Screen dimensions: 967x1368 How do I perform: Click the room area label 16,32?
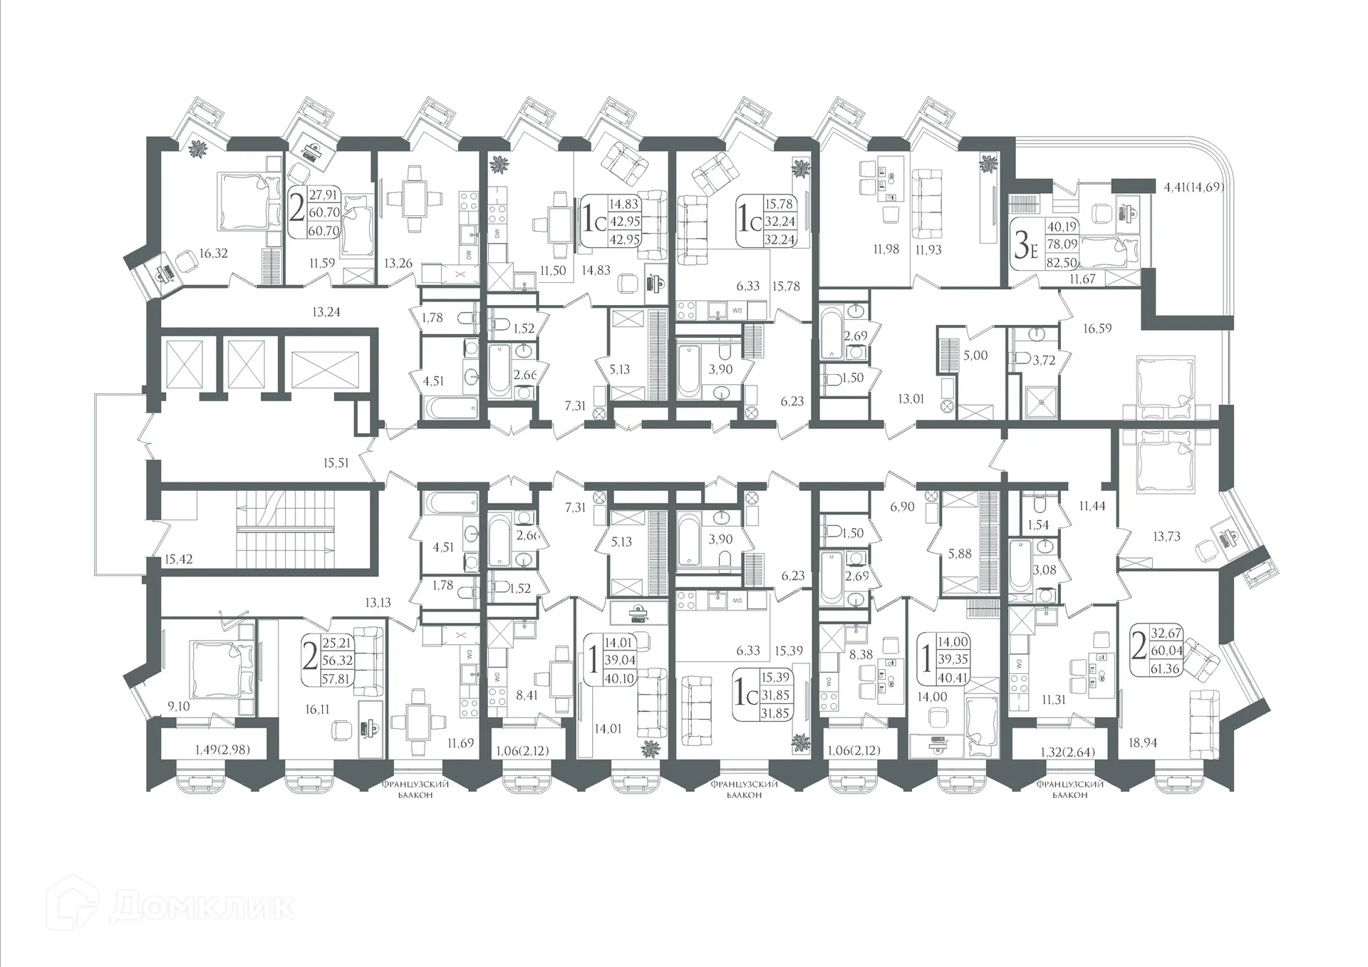click(214, 253)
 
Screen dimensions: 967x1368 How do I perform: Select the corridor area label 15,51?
click(336, 463)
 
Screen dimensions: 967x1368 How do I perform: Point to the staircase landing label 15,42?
click(178, 559)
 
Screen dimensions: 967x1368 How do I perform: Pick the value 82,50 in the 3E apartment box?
click(1062, 262)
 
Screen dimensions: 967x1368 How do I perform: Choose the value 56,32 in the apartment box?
click(337, 661)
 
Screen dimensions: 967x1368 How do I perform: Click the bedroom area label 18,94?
click(1143, 743)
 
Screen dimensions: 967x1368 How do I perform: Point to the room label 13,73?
click(1166, 537)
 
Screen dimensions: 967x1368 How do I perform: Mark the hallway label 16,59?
click(1097, 329)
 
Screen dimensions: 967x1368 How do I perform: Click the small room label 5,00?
click(975, 355)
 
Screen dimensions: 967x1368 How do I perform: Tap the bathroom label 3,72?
click(1044, 361)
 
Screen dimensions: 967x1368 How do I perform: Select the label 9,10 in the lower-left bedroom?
click(178, 706)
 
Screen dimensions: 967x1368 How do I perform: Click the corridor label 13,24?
click(326, 311)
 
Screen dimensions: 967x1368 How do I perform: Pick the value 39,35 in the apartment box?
click(953, 659)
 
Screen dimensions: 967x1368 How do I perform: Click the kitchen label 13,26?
click(398, 263)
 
